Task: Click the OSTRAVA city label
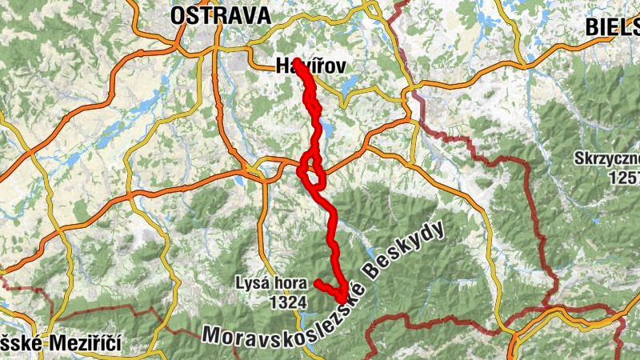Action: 221,14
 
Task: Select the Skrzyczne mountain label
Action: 606,158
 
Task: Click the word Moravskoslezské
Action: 284,329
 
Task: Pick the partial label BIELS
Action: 611,26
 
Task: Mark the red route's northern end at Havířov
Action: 298,62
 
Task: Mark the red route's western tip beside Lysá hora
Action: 318,282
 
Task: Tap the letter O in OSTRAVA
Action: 178,14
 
